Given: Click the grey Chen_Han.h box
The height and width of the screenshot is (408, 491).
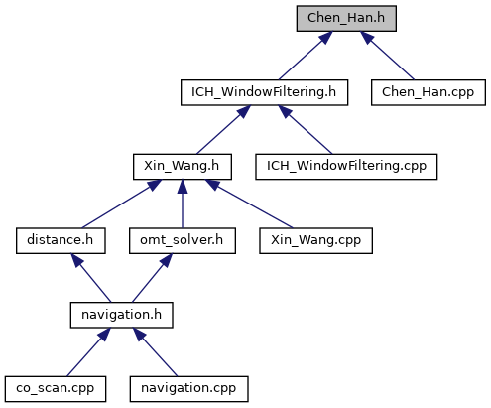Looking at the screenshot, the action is coord(346,19).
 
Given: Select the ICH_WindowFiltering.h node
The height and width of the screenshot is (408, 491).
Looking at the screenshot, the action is coord(264,92).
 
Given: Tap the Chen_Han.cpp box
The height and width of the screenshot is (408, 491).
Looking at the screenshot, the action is coord(429,92).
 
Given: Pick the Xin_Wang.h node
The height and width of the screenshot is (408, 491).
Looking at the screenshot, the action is coord(183,167).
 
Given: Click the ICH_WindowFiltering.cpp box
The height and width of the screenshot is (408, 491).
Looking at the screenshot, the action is coord(346,167).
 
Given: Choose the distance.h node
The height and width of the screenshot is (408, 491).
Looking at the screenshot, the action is coord(61,241).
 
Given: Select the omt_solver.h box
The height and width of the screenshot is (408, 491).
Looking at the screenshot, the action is coord(183,241).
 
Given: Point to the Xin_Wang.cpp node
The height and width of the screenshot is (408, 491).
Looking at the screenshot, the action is coord(315,241).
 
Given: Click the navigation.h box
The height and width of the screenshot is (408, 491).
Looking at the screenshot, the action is coord(121,315).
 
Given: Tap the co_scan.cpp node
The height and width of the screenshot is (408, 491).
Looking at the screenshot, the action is coord(56,389).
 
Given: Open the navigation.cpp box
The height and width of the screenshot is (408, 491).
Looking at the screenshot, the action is coord(188,389).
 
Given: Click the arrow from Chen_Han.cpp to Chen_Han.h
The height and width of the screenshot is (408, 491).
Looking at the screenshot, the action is coord(387,56).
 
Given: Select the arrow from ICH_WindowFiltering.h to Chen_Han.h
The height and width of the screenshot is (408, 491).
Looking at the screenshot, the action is coord(306,56).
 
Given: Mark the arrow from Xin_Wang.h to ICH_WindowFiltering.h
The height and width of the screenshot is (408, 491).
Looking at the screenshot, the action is coord(223,130).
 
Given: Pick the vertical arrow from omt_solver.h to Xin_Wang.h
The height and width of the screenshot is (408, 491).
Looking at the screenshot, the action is coord(183,204).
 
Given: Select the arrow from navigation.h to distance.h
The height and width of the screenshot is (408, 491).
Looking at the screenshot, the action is coord(91,278).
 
